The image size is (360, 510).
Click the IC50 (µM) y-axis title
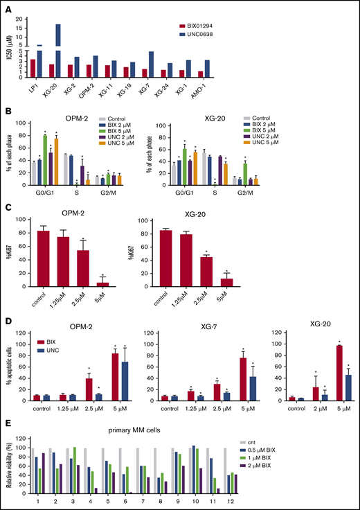tap(10, 50)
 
